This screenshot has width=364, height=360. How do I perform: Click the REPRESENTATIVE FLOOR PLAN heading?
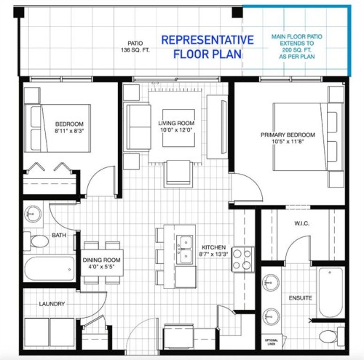click(207, 47)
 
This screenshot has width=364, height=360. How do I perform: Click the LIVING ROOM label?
click(176, 127)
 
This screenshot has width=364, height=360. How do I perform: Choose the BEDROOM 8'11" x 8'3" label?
click(70, 129)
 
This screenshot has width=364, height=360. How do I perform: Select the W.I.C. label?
click(303, 223)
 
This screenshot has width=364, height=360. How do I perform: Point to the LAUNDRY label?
click(52, 304)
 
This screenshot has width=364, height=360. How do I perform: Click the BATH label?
click(59, 236)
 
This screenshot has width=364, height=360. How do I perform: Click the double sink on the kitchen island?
click(185, 248)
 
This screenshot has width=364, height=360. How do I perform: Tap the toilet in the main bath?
click(36, 241)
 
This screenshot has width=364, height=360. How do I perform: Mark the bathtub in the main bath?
click(50, 269)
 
